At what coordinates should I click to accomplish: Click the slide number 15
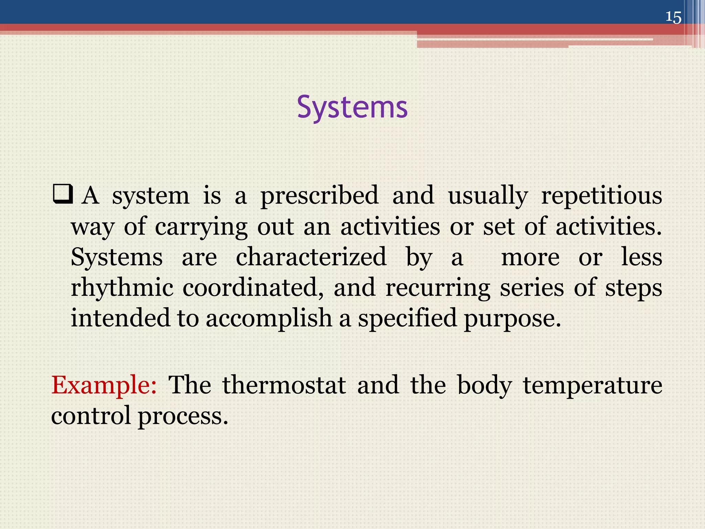(x=673, y=17)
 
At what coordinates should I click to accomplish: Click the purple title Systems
(x=352, y=107)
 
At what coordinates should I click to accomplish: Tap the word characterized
(x=311, y=257)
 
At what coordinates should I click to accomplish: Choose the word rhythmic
(x=122, y=288)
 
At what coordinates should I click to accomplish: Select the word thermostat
(x=284, y=385)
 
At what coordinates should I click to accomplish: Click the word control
(x=91, y=415)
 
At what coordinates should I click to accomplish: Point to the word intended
(x=120, y=318)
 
